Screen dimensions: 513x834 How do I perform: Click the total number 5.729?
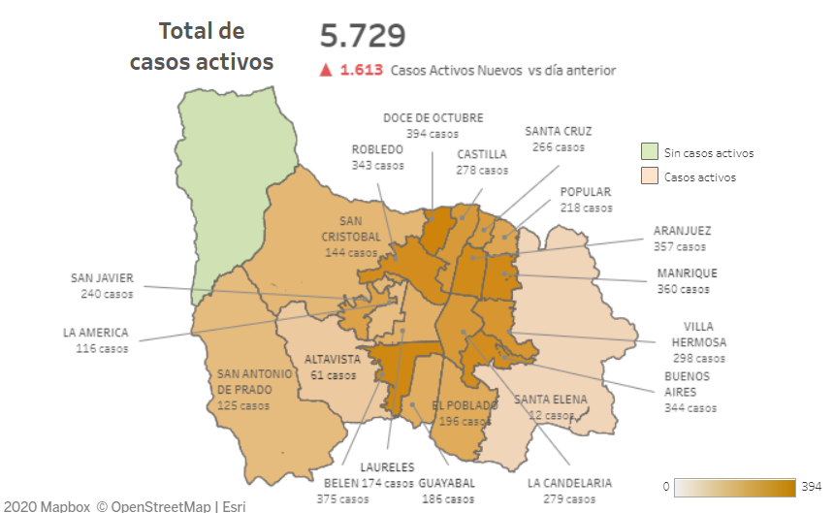coord(363,36)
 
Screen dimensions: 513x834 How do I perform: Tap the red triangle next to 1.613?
coord(327,70)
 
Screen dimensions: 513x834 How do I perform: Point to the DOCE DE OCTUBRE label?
coord(433,117)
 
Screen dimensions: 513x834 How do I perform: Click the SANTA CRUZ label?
coord(559,131)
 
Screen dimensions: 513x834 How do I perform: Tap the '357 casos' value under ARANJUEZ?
coord(682,246)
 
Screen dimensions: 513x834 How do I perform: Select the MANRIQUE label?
coord(687,273)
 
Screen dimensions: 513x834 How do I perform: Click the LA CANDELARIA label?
coord(569,482)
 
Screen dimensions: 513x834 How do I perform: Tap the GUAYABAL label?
coord(446,482)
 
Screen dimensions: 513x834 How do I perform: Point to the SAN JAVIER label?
coord(102,278)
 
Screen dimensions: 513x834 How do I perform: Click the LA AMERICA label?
coord(95,333)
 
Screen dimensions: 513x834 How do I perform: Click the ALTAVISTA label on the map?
coord(333,359)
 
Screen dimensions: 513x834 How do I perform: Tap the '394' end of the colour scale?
coord(813,485)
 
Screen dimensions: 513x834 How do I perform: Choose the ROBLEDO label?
coord(377,149)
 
